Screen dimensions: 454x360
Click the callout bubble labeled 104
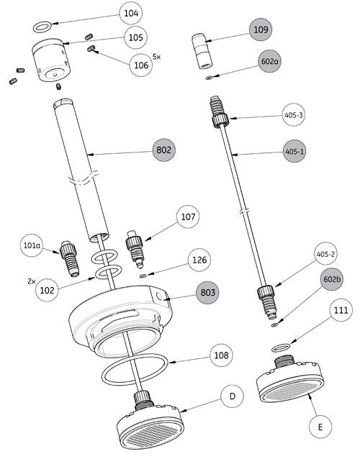[131, 13]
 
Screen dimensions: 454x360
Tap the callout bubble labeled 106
[140, 65]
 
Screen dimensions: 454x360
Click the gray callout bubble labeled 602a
[269, 63]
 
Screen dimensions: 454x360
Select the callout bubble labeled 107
[189, 216]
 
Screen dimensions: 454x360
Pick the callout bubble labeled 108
[221, 355]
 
